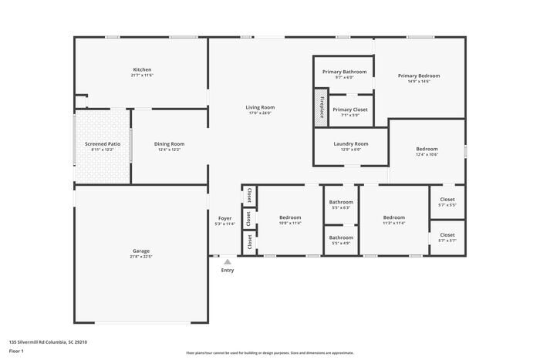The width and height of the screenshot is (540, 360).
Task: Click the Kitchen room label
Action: point(142,70)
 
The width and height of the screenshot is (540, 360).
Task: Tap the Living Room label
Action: point(260,107)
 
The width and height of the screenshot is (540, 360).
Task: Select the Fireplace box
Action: point(320,106)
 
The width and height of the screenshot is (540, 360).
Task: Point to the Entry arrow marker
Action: point(227,262)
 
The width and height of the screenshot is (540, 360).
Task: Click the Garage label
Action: point(141,251)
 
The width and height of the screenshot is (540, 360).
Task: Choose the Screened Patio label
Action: point(103,143)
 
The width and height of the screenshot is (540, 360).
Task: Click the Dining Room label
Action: point(170,143)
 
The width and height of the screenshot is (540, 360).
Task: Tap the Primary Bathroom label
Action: point(344,72)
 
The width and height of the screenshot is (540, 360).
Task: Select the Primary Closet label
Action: point(350,109)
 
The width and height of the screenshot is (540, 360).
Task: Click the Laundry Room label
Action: point(350,143)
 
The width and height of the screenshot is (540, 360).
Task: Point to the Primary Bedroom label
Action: point(419,76)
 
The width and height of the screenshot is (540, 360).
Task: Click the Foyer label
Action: point(224,218)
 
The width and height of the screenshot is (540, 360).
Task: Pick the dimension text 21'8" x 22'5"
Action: point(141,257)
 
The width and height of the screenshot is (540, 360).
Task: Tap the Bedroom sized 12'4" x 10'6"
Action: point(427,149)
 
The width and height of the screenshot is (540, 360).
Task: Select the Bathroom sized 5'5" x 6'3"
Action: point(340,202)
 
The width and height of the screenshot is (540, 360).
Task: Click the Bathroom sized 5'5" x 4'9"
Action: point(340,237)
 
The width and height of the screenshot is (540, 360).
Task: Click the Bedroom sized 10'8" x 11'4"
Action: point(290,217)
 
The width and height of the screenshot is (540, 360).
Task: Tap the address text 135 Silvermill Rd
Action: point(48,341)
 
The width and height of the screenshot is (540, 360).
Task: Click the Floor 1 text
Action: point(16,351)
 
